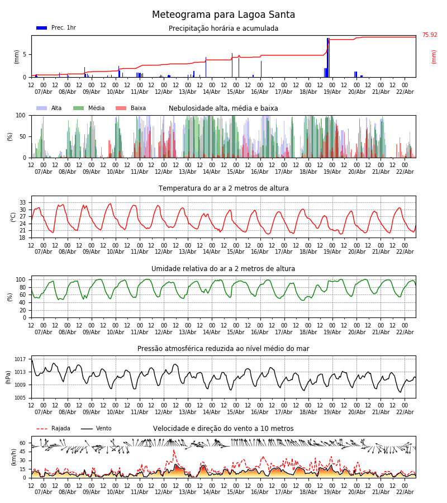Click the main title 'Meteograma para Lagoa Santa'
[223, 15]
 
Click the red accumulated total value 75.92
[430, 35]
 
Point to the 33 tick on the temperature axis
[23, 203]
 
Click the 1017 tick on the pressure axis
[20, 359]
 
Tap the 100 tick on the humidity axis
[21, 279]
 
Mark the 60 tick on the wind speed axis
[22, 443]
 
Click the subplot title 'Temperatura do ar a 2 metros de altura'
[223, 188]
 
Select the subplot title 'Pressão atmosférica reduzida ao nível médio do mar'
[223, 349]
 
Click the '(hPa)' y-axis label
[9, 377]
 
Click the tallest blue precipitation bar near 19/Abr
[328, 56]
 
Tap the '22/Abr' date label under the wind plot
[405, 492]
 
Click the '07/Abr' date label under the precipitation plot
[44, 92]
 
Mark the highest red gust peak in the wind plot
[173, 450]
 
